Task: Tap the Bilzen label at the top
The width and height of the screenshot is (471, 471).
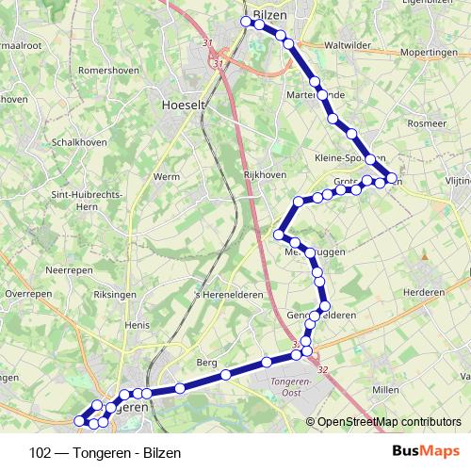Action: pyautogui.click(x=268, y=15)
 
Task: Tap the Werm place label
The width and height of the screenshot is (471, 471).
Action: pyautogui.click(x=167, y=176)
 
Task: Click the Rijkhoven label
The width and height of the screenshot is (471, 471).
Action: pyautogui.click(x=264, y=175)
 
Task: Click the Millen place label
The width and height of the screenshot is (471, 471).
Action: pyautogui.click(x=386, y=388)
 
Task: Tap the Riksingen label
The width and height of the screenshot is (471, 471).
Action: pyautogui.click(x=116, y=295)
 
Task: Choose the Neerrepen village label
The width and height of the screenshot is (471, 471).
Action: pyautogui.click(x=68, y=269)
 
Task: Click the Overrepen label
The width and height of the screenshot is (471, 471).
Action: pyautogui.click(x=28, y=294)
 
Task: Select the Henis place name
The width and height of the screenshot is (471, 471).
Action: pyautogui.click(x=137, y=325)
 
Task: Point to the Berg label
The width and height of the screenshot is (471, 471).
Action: pyautogui.click(x=207, y=363)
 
